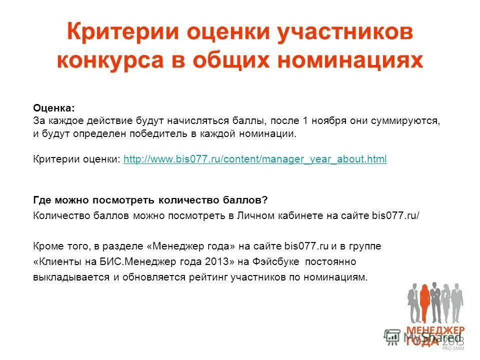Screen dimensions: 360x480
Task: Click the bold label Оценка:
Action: coord(54,108)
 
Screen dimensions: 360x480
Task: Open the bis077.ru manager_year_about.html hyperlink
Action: coord(255,159)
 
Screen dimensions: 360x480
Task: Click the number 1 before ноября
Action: coord(305,121)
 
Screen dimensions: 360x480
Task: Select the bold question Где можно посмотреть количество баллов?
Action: coord(150,200)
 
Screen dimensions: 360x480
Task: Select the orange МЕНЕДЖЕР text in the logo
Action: coord(435,330)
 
